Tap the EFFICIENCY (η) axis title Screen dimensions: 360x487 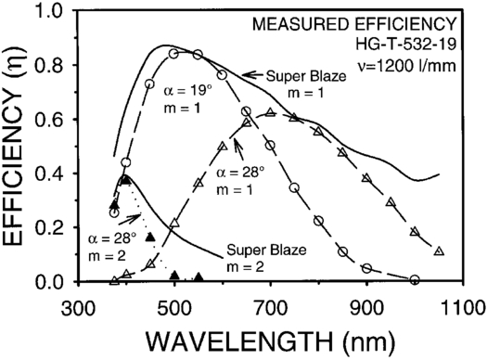[18, 146]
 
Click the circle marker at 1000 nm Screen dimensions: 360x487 [415, 279]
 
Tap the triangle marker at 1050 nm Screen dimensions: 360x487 [439, 251]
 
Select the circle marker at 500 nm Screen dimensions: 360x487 [173, 54]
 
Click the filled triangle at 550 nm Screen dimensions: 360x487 [199, 276]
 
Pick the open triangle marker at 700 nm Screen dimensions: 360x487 [270, 113]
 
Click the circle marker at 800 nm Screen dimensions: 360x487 [318, 220]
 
